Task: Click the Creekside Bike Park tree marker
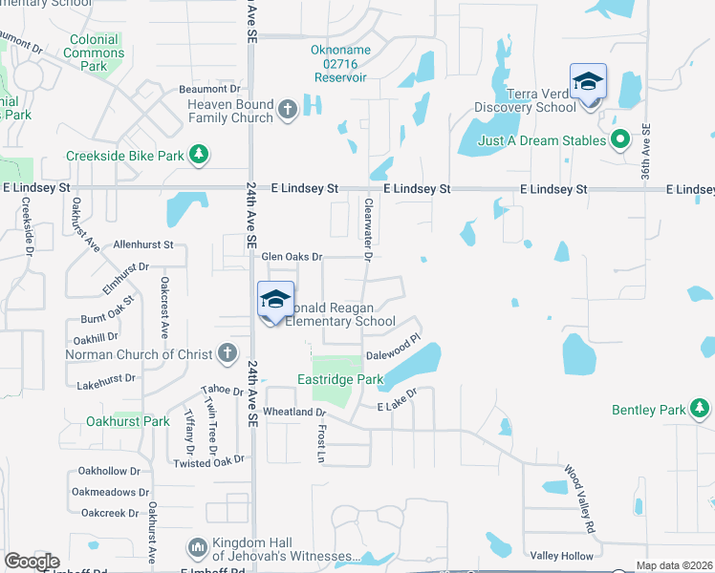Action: (199, 155)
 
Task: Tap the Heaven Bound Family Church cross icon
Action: (287, 111)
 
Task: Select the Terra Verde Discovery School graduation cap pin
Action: (588, 83)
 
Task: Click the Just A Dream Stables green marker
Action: (619, 140)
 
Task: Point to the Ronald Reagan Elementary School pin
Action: (274, 301)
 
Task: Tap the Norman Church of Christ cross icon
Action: (227, 354)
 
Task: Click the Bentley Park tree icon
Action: (700, 410)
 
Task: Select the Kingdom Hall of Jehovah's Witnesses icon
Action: (198, 548)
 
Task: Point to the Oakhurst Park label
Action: (128, 421)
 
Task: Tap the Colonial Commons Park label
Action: (94, 53)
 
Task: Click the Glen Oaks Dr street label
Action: (292, 257)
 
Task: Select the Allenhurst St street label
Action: (142, 245)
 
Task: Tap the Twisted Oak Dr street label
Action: (209, 462)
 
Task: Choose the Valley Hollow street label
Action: (561, 556)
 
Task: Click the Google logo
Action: (32, 562)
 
